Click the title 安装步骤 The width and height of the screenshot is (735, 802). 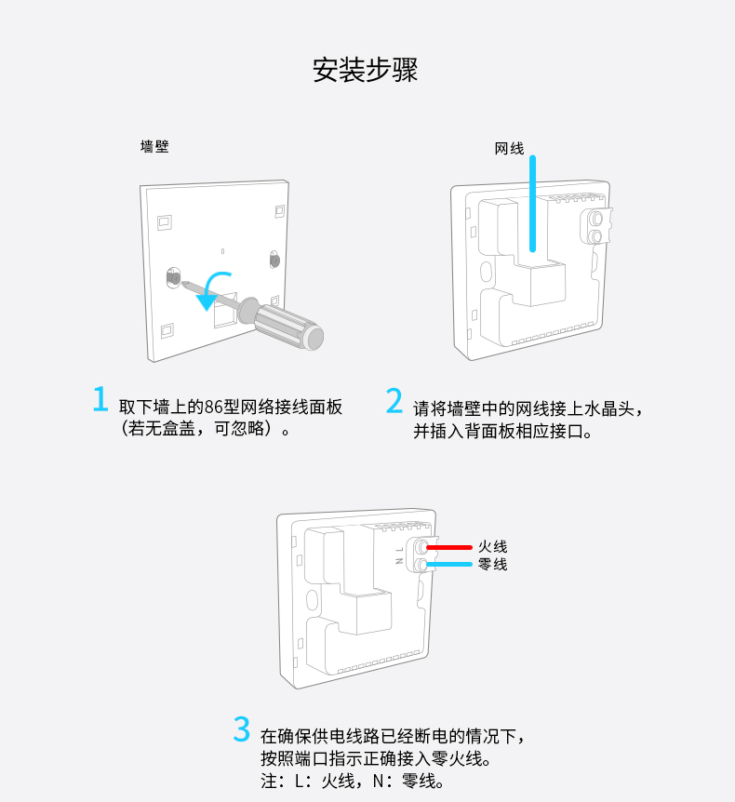[x=366, y=70]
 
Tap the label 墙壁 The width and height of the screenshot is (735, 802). [x=154, y=147]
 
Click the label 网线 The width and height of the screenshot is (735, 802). [x=509, y=149]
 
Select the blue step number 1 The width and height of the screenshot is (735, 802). [x=100, y=399]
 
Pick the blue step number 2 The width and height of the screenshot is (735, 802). [x=394, y=400]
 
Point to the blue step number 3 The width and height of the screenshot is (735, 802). [x=241, y=728]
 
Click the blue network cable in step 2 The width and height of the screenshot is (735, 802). [x=532, y=204]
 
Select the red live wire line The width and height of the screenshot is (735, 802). [x=449, y=547]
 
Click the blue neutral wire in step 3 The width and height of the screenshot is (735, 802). [x=449, y=564]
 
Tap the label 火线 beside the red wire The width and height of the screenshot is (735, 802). [x=492, y=547]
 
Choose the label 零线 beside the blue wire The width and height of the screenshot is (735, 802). [x=492, y=565]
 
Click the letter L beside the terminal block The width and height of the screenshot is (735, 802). [x=399, y=550]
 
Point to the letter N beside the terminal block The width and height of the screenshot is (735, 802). [x=399, y=561]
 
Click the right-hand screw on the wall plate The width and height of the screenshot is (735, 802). [x=274, y=260]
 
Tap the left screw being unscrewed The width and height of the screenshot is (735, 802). [x=173, y=278]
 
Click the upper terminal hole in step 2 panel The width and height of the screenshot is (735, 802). [x=595, y=219]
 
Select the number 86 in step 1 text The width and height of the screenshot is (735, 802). [x=213, y=408]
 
